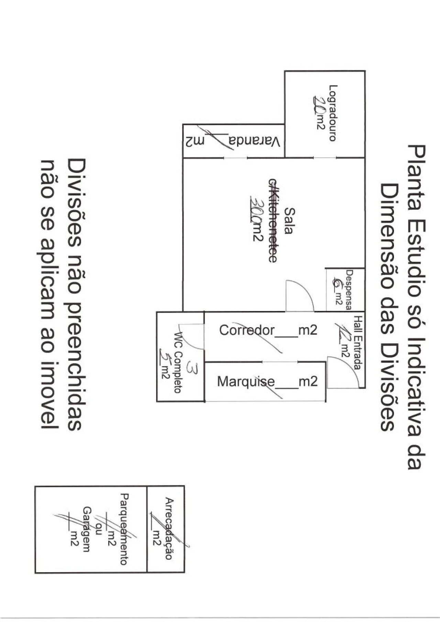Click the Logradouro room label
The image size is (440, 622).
[x=332, y=113]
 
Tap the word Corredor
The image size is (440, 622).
[x=247, y=330]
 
